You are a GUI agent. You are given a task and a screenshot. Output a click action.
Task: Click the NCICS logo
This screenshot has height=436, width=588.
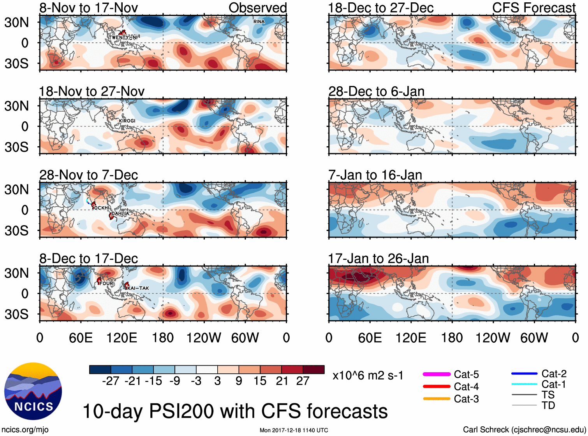click(33, 391)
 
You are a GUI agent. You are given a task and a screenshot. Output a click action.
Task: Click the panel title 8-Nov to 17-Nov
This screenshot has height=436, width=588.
click(88, 8)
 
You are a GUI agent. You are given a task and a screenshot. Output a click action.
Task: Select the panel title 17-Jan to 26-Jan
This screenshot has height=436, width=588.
click(378, 259)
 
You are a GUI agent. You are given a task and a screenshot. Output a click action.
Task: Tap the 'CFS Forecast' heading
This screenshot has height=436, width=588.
click(533, 8)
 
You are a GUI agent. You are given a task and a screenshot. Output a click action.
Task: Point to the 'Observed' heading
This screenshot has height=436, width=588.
click(257, 8)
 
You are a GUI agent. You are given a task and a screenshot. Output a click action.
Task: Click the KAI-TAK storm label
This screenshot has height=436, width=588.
click(138, 288)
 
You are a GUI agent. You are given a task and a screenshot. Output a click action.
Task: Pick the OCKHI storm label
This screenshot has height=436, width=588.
click(102, 208)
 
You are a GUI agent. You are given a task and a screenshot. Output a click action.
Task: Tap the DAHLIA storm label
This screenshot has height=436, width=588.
click(120, 214)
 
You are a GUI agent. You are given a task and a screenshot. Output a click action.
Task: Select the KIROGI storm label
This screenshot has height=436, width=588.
click(127, 121)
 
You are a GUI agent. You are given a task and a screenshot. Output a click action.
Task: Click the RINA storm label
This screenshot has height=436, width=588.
click(259, 22)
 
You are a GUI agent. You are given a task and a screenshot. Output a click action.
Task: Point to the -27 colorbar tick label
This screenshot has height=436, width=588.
click(111, 381)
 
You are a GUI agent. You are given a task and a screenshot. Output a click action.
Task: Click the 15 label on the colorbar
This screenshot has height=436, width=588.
click(260, 381)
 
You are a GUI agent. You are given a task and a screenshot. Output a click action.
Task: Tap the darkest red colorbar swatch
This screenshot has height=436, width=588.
click(313, 369)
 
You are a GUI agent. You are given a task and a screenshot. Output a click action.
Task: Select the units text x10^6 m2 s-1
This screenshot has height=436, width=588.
click(368, 376)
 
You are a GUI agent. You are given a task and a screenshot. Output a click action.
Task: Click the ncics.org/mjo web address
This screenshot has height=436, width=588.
click(25, 429)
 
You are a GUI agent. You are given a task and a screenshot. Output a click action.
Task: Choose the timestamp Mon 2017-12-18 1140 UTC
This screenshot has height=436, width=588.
click(294, 430)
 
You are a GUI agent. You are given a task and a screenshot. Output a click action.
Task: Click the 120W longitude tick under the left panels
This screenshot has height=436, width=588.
click(204, 338)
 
